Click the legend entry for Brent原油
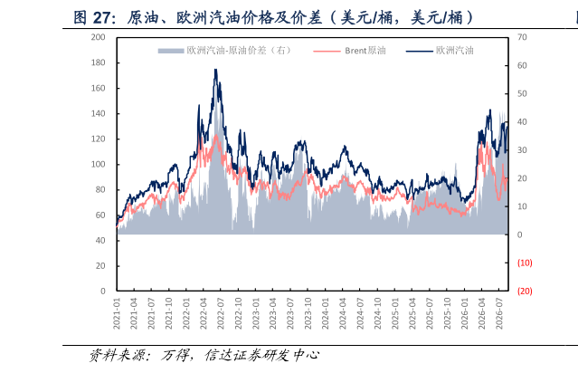(349, 51)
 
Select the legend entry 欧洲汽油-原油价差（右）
(225, 51)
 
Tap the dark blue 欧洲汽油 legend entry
(440, 51)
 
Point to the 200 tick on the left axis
(98, 37)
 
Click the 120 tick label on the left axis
(98, 139)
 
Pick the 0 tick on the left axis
(103, 292)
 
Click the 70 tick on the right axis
(522, 37)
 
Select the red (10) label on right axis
(525, 263)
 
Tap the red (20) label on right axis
(525, 292)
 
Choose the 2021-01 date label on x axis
(117, 313)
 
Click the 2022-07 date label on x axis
(221, 313)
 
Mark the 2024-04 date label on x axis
(343, 313)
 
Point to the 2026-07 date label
(499, 313)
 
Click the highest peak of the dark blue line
(215, 69)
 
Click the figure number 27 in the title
(101, 18)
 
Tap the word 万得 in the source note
(173, 355)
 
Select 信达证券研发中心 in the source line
(262, 355)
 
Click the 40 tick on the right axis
(522, 121)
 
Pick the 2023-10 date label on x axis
(308, 313)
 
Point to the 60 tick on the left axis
(100, 215)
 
